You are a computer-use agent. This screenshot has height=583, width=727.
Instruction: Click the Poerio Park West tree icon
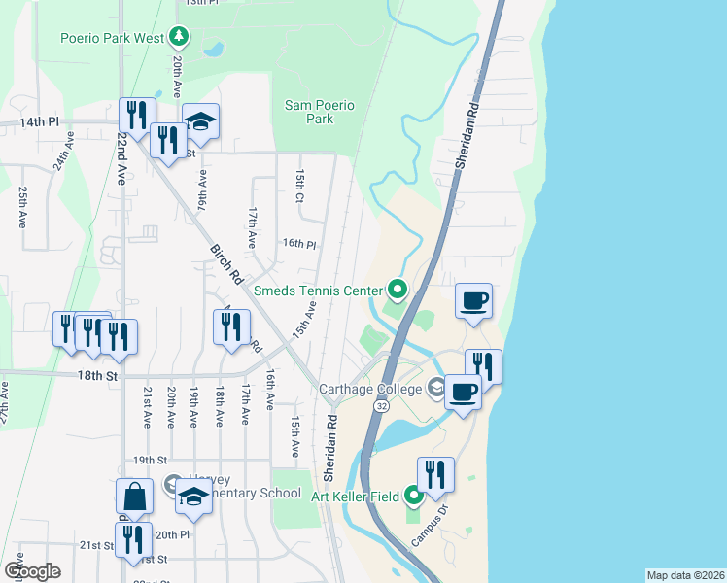tap(178, 37)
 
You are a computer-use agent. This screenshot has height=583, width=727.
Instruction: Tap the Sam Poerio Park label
tap(319, 112)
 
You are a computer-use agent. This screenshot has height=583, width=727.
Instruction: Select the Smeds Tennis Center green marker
tap(397, 289)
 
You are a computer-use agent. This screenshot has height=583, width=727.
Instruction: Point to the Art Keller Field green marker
tap(413, 497)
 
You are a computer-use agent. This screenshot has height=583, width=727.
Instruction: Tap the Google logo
tap(32, 570)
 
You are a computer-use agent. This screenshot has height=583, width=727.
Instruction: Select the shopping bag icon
tap(134, 497)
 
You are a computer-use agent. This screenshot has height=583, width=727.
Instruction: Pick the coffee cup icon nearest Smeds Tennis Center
tap(473, 301)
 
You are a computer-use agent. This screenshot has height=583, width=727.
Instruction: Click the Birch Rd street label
tap(225, 262)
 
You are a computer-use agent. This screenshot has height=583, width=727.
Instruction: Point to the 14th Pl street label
tap(40, 122)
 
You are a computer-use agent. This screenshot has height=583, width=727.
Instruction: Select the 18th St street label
tap(97, 374)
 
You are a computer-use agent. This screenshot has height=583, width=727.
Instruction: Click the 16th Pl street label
tap(299, 244)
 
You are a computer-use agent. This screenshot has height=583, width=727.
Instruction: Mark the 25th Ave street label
tap(22, 207)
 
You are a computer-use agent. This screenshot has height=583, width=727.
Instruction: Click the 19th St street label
tap(151, 460)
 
